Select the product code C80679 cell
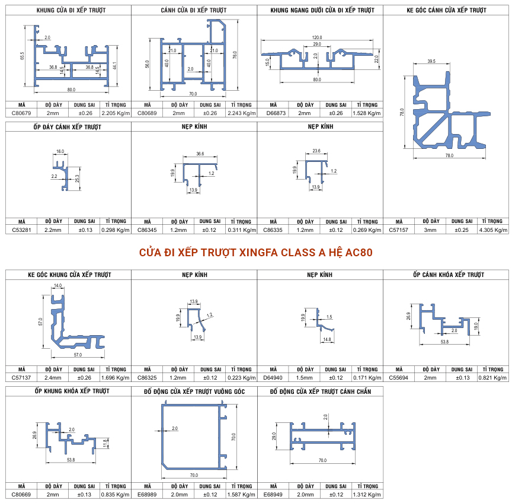point(21,113)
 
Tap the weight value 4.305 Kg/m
point(493,230)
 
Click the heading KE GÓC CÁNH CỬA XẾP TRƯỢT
point(446,10)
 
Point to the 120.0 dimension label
point(316,37)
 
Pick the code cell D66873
point(276,113)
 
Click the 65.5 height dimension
point(22,56)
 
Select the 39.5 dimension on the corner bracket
point(431,61)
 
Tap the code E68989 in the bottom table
point(147,495)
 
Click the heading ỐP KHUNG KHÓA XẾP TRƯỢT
point(72,391)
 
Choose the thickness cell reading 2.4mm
point(53,377)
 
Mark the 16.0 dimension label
point(60,151)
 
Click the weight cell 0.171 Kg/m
point(367,377)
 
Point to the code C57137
point(21,377)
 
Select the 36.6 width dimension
point(200,154)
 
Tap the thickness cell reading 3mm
point(430,230)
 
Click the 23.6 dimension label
point(316,151)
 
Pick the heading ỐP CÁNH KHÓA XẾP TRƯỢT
point(449,275)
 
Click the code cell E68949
point(273,495)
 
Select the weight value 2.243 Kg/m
point(242,113)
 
